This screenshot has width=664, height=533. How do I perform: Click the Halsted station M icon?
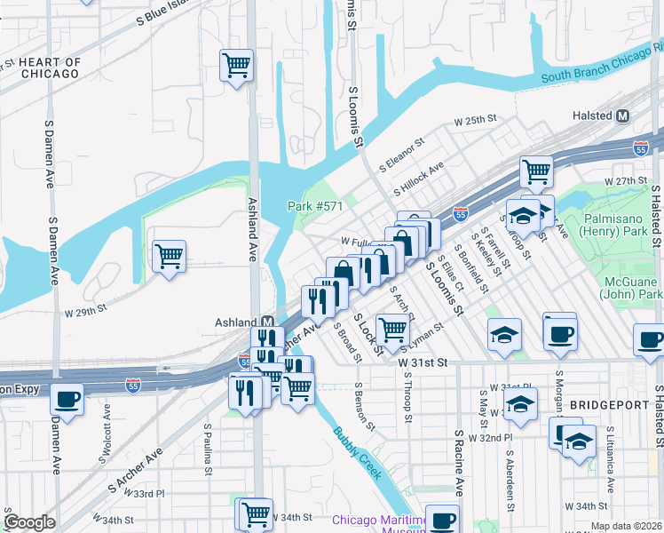622,115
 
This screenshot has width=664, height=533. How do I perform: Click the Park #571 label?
314,206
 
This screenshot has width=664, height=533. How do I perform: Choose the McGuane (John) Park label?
631,287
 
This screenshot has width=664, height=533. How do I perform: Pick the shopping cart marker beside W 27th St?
536,170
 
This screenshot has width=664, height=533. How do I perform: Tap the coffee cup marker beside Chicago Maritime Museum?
442,520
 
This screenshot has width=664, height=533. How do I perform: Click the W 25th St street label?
474,120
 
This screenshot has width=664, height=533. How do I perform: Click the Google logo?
29,522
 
